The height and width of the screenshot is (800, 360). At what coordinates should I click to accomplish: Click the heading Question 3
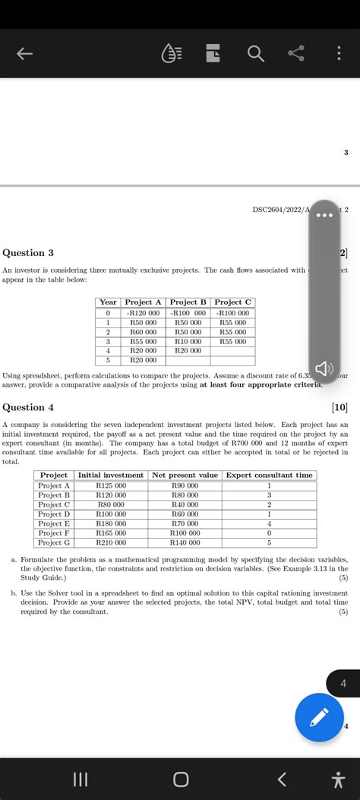29,253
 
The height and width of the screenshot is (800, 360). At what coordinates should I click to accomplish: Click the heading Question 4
29,406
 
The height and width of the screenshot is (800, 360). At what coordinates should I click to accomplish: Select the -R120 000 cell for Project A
143,312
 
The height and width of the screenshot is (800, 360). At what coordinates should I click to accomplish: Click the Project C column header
233,302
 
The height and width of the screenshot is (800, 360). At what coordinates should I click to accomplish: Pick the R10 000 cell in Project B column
188,341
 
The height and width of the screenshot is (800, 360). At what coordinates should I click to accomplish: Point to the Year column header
109,302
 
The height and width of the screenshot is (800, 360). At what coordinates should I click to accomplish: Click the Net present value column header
186,475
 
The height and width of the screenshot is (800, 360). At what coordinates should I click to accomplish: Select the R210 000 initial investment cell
111,542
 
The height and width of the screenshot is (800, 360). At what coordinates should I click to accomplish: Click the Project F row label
54,533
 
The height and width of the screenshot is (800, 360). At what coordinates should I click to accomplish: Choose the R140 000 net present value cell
186,542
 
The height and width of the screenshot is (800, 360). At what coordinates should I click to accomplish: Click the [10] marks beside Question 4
339,407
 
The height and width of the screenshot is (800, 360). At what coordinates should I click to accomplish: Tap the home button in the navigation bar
180,779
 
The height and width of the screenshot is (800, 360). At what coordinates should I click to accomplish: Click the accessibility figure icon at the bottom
336,779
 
